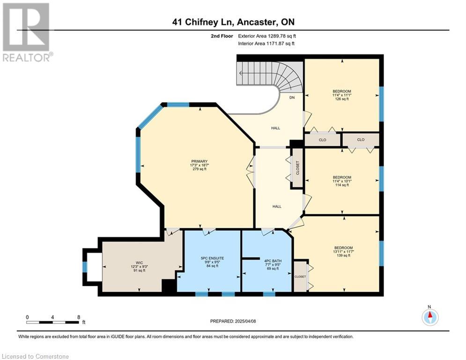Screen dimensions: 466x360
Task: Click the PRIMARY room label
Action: coord(199,165)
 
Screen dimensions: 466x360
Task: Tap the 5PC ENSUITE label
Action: coord(212,262)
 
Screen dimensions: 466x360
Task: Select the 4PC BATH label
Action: coord(273,264)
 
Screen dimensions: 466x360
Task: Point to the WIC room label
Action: coord(139,267)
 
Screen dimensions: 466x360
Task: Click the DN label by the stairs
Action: coord(292,97)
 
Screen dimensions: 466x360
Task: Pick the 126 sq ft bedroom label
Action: coord(342,95)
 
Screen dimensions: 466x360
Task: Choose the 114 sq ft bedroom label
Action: coord(342,181)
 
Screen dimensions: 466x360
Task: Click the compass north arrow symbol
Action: coord(430,316)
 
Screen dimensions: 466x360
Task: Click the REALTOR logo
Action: coord(27,32)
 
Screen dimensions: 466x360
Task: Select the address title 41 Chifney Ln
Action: coord(233,22)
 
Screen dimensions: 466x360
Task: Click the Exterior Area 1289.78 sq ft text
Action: coord(267,36)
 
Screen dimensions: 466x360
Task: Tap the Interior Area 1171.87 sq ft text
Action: coord(266,44)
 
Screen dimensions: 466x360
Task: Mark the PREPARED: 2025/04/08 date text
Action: coord(233,321)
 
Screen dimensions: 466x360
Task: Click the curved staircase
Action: coord(269,77)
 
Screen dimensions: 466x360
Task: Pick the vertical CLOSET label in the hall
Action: coord(297,168)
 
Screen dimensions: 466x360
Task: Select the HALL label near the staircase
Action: coord(275,128)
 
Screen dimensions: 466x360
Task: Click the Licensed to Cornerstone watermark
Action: coord(35,356)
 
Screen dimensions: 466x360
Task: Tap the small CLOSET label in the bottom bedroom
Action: coord(300,277)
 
